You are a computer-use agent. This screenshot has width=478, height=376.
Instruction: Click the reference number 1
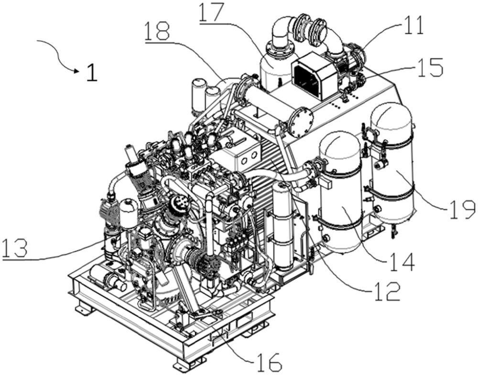92,71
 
